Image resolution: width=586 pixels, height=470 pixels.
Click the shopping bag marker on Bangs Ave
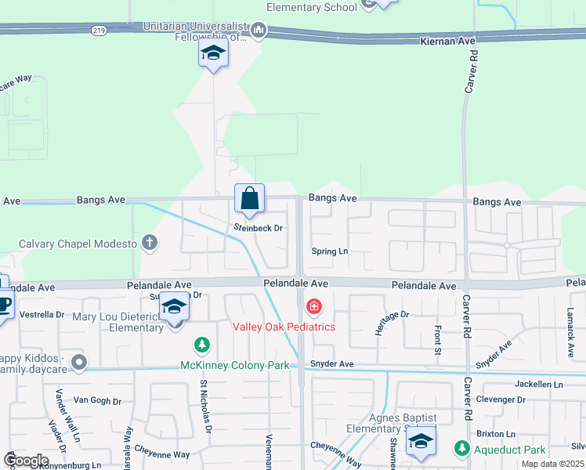[249, 200]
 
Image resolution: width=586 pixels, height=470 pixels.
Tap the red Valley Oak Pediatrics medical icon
[314, 306]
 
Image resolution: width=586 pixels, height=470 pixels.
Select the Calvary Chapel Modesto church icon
[149, 243]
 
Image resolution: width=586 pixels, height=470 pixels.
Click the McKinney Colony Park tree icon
[202, 344]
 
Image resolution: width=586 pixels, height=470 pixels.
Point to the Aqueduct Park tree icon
[461, 448]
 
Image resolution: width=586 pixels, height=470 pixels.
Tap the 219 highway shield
[98, 30]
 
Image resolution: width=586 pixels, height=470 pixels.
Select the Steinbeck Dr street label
[258, 228]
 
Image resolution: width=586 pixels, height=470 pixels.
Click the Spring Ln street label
[329, 251]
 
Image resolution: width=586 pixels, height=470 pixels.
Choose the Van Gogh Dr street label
[97, 400]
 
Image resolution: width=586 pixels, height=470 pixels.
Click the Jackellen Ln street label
[539, 385]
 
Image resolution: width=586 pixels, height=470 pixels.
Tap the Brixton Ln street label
[500, 433]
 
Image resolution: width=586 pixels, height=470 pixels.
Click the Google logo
[25, 461]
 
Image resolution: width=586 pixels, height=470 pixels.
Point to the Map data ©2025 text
[552, 464]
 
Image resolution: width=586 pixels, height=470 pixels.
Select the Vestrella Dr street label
[42, 314]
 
